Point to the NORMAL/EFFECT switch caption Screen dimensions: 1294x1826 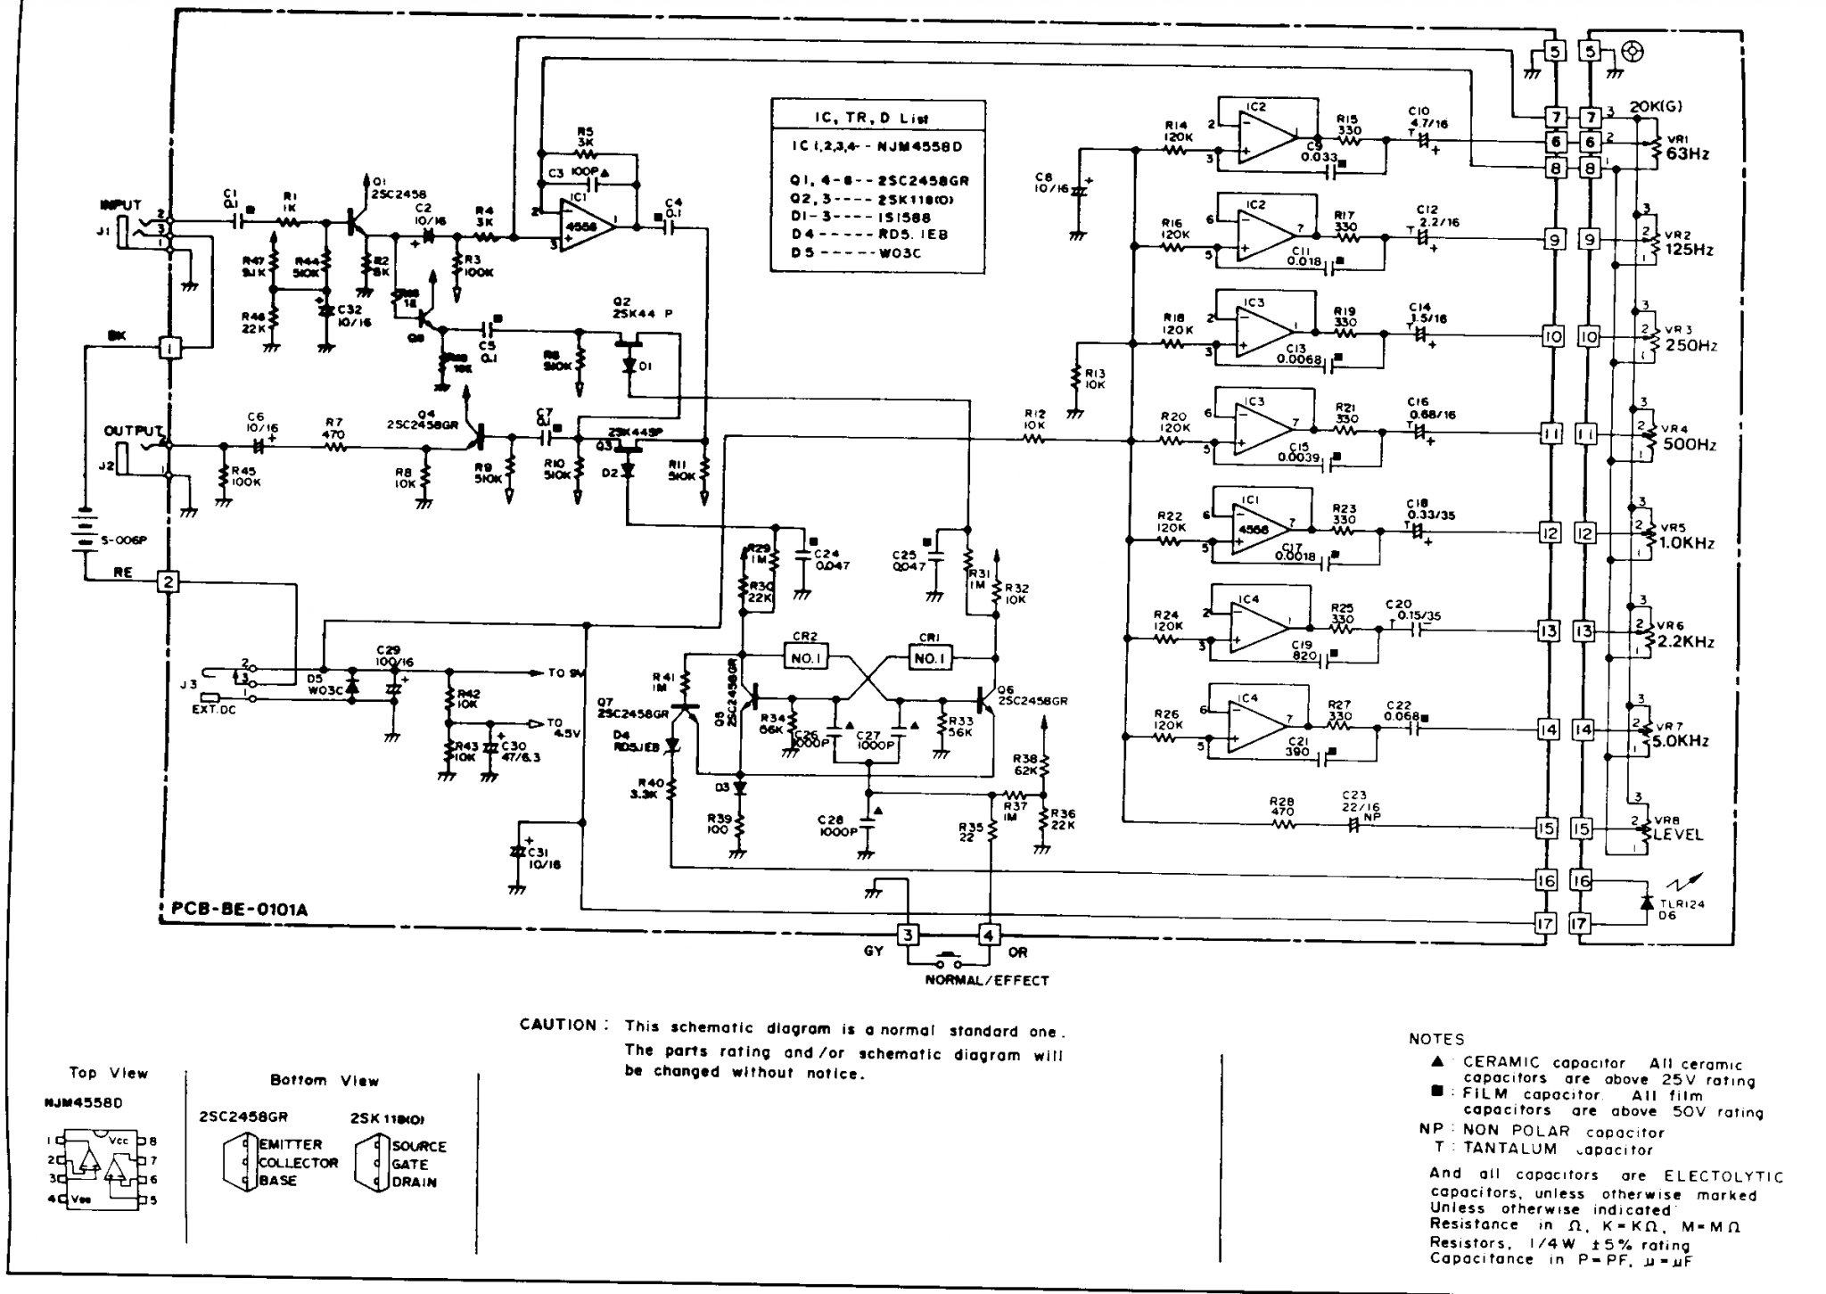(x=986, y=981)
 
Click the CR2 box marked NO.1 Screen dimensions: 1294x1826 (x=807, y=658)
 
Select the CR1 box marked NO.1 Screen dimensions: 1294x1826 (x=929, y=658)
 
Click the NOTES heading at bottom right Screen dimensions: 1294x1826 (x=1436, y=1039)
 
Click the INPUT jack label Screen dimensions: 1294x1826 (x=121, y=205)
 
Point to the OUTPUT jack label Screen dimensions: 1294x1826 (x=134, y=431)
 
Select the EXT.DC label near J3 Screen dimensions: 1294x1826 (x=212, y=712)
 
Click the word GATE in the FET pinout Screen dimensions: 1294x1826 (x=409, y=1164)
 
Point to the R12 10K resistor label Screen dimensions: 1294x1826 (x=1034, y=419)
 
